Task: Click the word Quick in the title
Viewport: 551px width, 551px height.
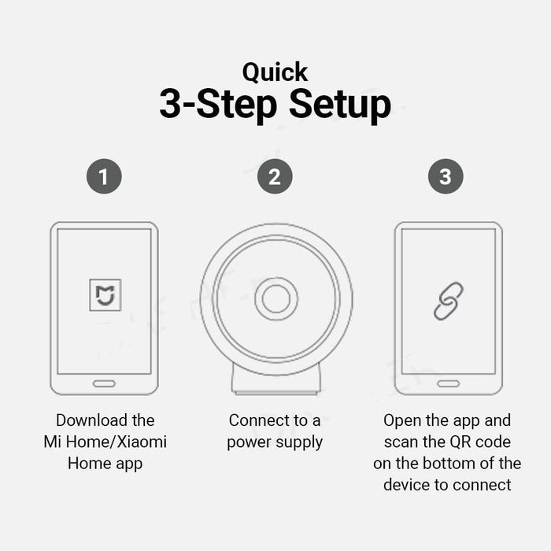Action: pos(275,73)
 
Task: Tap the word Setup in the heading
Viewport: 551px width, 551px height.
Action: pos(340,105)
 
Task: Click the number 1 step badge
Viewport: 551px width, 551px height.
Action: pos(104,176)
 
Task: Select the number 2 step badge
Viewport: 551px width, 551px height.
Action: pos(275,176)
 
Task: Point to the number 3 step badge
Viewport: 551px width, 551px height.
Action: pos(446,176)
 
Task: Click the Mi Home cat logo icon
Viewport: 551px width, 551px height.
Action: pos(105,295)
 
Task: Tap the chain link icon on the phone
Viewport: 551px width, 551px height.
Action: pos(449,301)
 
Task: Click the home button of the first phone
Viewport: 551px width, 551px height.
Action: pos(104,384)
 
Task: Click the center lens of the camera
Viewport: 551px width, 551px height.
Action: pos(276,298)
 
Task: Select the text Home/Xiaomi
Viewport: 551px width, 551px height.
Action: pos(116,442)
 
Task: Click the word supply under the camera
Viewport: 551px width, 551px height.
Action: pos(299,442)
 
